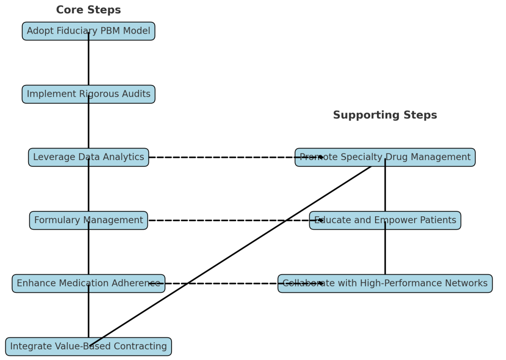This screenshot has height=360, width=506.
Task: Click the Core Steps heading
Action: (88, 10)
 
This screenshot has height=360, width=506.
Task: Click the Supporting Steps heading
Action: (384, 115)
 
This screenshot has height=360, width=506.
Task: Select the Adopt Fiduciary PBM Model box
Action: (49, 31)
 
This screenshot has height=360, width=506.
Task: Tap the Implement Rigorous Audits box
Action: (49, 94)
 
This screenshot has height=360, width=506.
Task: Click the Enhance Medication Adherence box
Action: (49, 283)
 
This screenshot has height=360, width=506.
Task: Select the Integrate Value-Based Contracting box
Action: (44, 347)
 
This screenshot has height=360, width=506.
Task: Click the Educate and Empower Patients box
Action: (420, 220)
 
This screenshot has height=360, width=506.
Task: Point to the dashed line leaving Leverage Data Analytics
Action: (222, 158)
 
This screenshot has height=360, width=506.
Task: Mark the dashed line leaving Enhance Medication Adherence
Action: (222, 283)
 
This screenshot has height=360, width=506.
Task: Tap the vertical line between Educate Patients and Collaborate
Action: (385, 252)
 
